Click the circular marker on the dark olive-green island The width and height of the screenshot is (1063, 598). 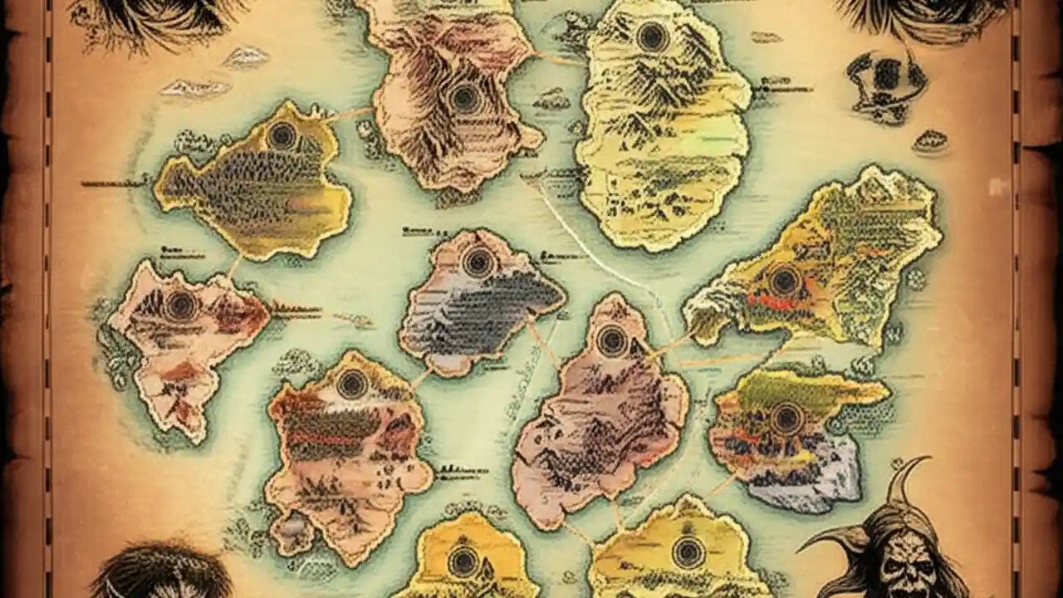click(282, 136)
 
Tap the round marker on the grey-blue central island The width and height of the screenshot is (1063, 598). click(478, 262)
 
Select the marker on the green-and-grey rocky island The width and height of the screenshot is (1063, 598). click(786, 418)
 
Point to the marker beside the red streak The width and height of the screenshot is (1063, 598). click(784, 281)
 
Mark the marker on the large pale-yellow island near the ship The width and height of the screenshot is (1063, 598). click(653, 37)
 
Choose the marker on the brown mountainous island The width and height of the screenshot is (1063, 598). click(465, 98)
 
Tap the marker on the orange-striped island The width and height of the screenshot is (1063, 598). click(352, 384)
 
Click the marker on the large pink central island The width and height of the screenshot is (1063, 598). click(613, 341)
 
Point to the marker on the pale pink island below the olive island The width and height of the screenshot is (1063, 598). click(181, 305)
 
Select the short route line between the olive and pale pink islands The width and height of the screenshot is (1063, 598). click(234, 266)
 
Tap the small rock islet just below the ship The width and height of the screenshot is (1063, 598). click(930, 141)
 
